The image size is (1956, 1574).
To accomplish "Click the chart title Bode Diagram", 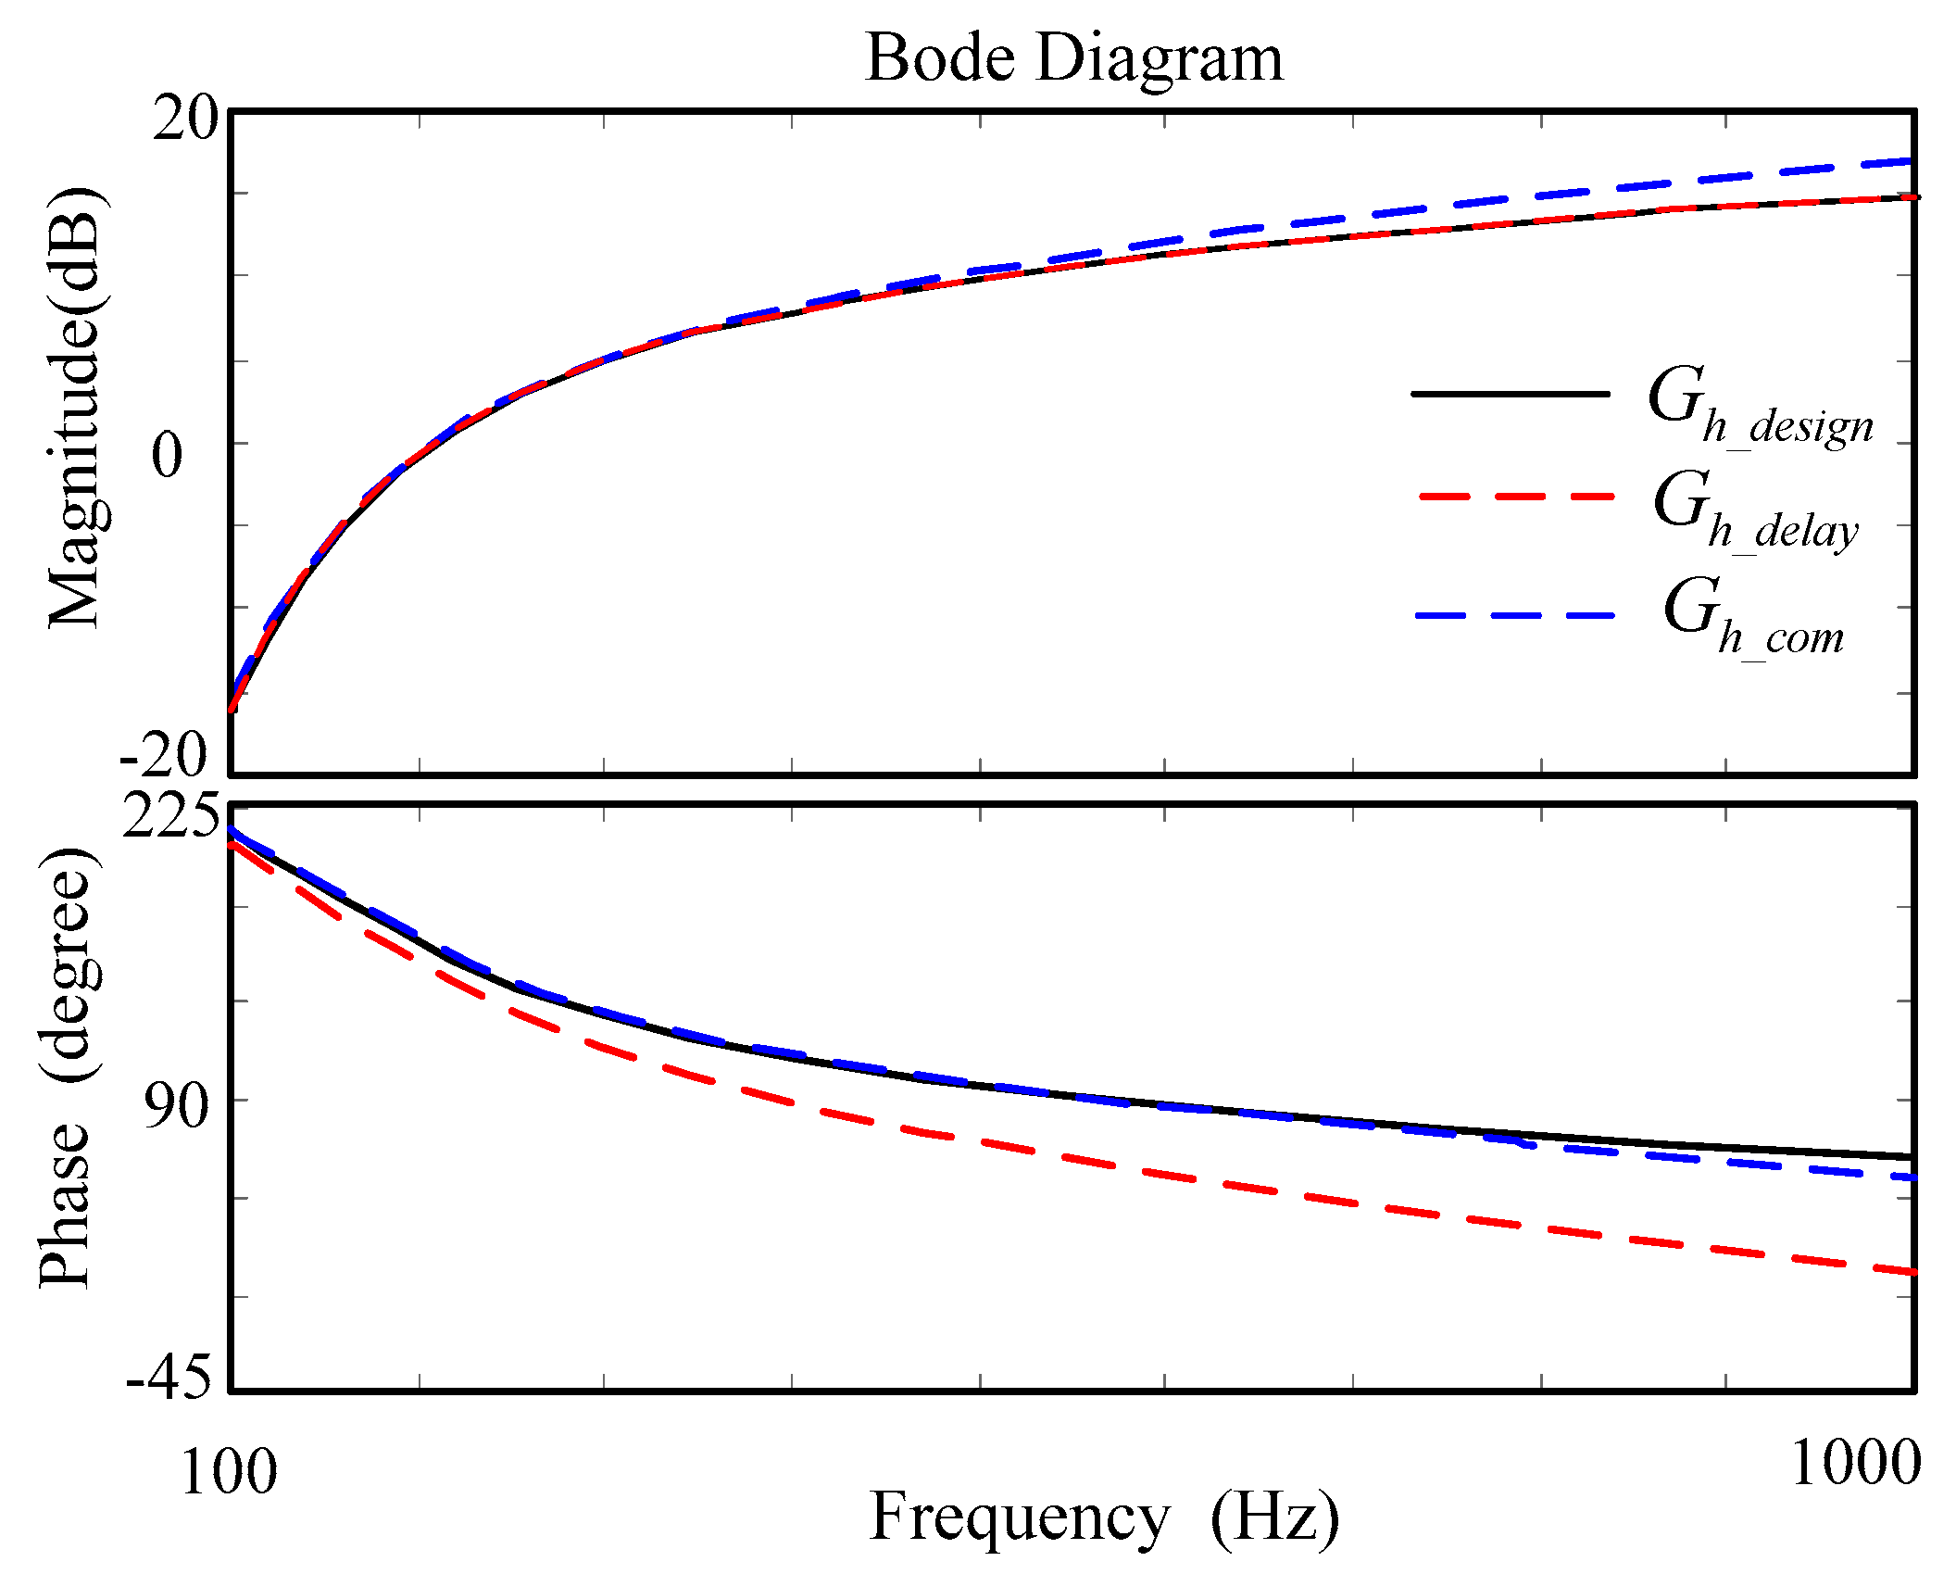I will (1074, 57).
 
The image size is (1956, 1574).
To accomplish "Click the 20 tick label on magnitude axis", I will (184, 119).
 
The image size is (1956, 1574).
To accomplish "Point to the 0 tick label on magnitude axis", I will (168, 455).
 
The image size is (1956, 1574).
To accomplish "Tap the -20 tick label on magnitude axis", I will (164, 754).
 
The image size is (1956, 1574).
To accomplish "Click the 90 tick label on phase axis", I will (177, 1104).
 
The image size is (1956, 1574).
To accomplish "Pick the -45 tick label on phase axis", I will (169, 1378).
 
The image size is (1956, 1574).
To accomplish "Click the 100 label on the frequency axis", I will (228, 1471).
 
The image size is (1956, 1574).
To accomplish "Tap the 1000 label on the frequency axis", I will (1855, 1464).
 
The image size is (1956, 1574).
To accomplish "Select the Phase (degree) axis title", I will (67, 1065).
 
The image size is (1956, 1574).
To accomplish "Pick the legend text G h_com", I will (1753, 617).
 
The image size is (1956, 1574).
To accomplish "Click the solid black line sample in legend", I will (1510, 394).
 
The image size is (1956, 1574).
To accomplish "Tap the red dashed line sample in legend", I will (1515, 497).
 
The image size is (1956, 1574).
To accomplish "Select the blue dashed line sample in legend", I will (1513, 616).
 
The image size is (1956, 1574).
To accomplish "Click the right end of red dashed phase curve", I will (1910, 1271).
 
